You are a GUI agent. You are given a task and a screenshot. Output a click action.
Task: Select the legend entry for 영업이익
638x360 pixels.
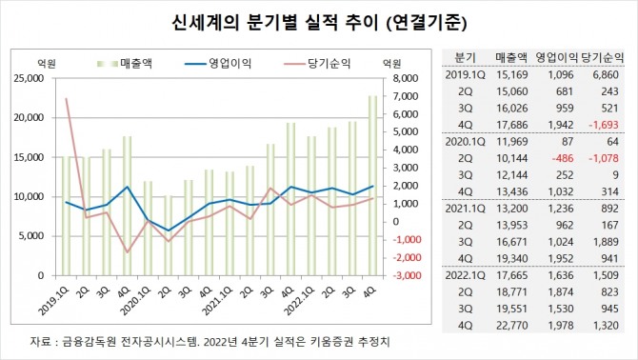click(222, 63)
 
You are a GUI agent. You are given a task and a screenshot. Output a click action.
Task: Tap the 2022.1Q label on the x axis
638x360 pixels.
click(288, 293)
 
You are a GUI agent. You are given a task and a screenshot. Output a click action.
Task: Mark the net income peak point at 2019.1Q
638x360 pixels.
click(66, 98)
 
